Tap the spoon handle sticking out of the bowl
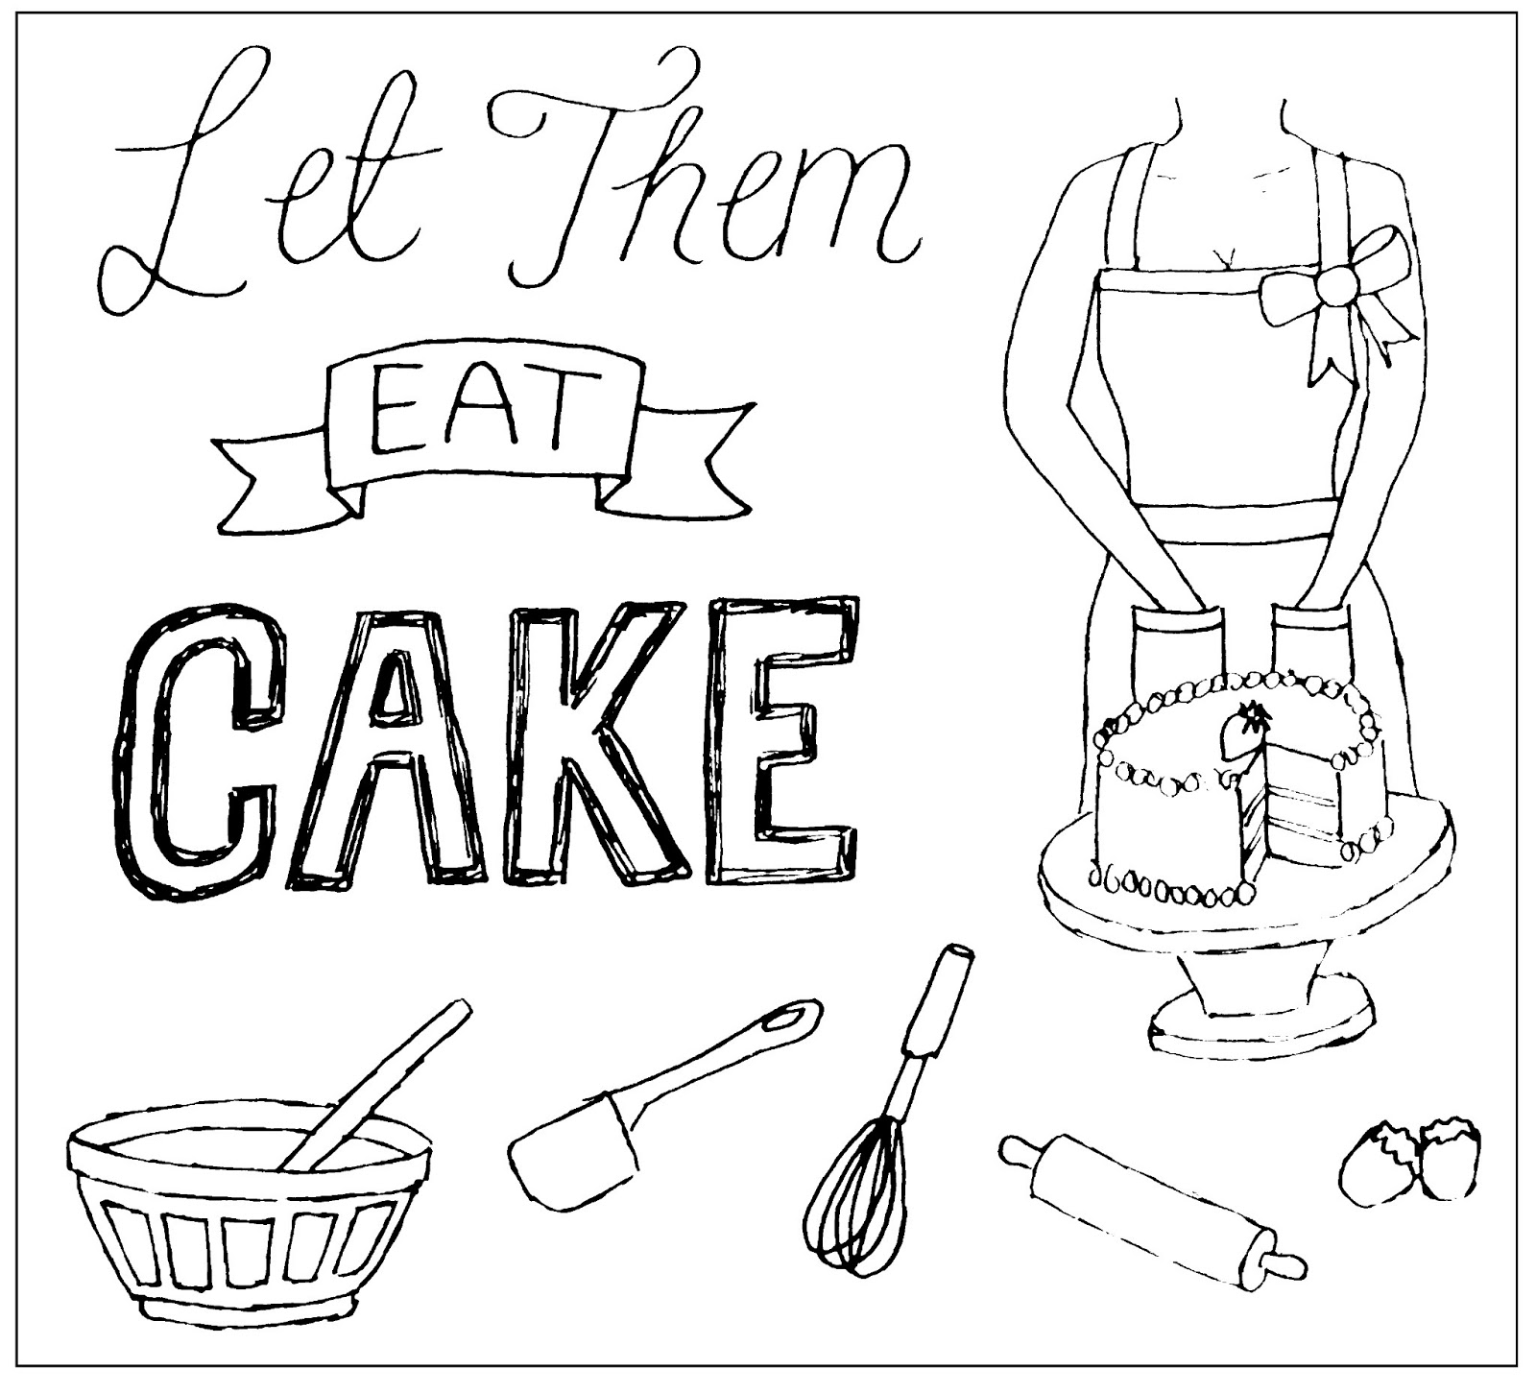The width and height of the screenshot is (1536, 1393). [x=403, y=1066]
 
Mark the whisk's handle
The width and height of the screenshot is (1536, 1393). [x=936, y=1008]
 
